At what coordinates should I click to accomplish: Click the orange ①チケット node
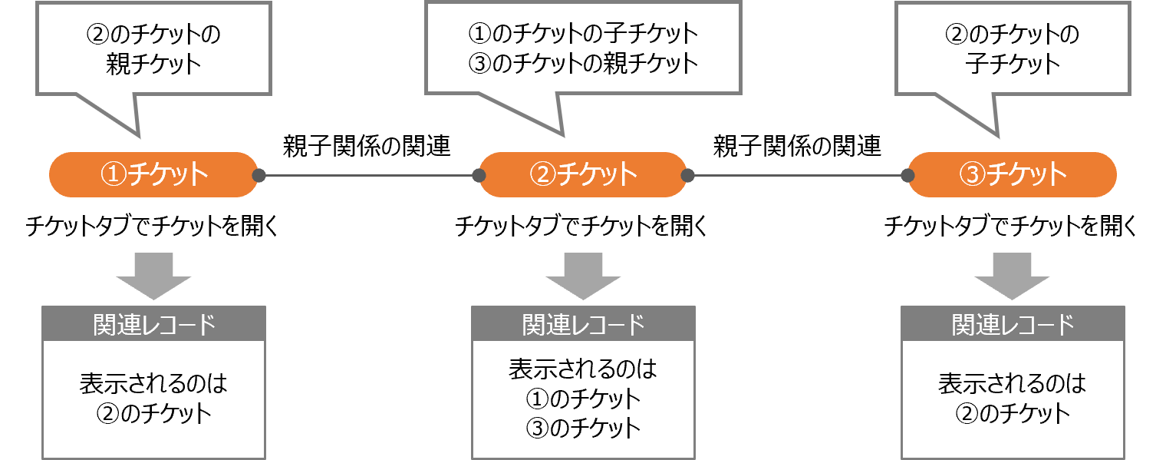click(x=153, y=174)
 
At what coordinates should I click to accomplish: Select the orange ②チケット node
click(x=583, y=174)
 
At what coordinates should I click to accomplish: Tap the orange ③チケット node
click(x=1013, y=174)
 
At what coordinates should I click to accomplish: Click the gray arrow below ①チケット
click(x=153, y=275)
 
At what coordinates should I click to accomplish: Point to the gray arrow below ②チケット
click(x=583, y=275)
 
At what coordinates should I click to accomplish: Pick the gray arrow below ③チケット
click(x=1013, y=275)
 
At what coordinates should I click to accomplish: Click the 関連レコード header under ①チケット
click(x=153, y=325)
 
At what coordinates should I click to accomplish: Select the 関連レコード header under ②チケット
click(x=583, y=325)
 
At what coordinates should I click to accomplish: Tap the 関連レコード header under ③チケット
click(x=1013, y=325)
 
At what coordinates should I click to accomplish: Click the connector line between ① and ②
click(x=368, y=176)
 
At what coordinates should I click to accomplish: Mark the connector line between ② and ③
click(x=798, y=176)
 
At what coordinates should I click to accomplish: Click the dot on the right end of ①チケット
click(x=259, y=176)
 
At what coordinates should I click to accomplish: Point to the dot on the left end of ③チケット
click(x=908, y=176)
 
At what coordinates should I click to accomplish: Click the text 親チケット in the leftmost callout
click(x=153, y=63)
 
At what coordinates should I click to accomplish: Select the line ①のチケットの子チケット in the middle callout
click(x=583, y=34)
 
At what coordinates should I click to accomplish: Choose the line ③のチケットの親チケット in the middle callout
click(x=583, y=63)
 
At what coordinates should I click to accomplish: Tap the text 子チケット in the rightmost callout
click(x=1013, y=63)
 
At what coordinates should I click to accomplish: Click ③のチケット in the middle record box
click(x=583, y=427)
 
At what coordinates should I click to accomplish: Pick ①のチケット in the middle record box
click(x=583, y=399)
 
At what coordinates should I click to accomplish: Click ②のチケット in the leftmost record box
click(x=153, y=413)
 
